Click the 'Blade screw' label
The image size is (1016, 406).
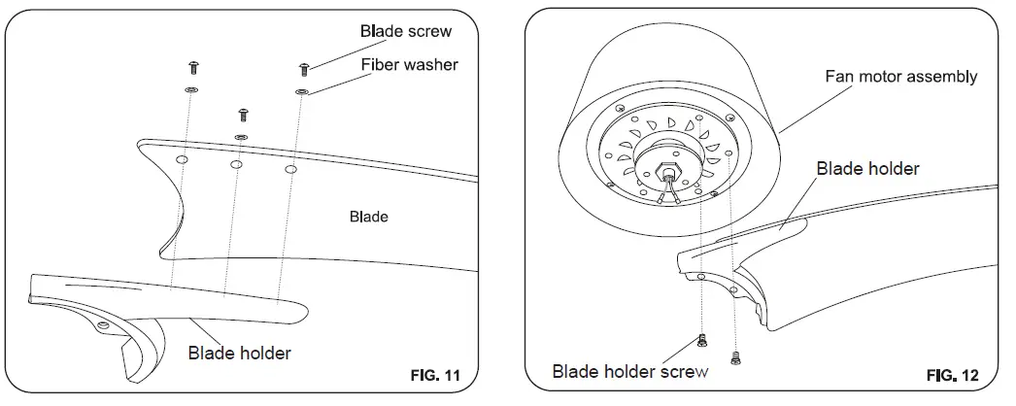pos(406,31)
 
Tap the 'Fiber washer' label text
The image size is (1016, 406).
pos(409,65)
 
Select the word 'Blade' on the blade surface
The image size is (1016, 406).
pos(368,217)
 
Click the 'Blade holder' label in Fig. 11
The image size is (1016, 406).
pos(239,353)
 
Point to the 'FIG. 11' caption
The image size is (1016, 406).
pos(434,374)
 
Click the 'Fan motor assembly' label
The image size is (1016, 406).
pos(900,76)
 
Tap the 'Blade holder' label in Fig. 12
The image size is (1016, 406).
pos(867,168)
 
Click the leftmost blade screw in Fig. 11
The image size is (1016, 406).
pos(192,66)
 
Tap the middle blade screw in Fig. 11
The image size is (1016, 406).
pos(243,114)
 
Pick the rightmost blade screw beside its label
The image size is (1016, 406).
pos(304,68)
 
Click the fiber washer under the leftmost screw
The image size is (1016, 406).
pos(191,90)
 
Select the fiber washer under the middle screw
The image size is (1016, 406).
pos(242,137)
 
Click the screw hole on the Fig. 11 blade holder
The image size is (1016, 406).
pos(103,324)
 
